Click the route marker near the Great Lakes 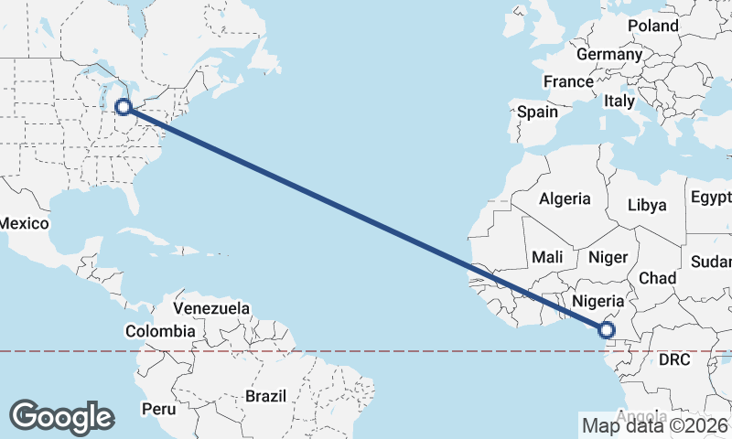(124, 107)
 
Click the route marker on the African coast (607, 329)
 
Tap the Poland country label (652, 26)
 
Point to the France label (568, 81)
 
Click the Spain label (537, 112)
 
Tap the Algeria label (565, 198)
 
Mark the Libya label (647, 205)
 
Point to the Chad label (658, 278)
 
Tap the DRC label (674, 360)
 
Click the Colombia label (160, 331)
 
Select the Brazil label (266, 396)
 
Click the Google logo (61, 417)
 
